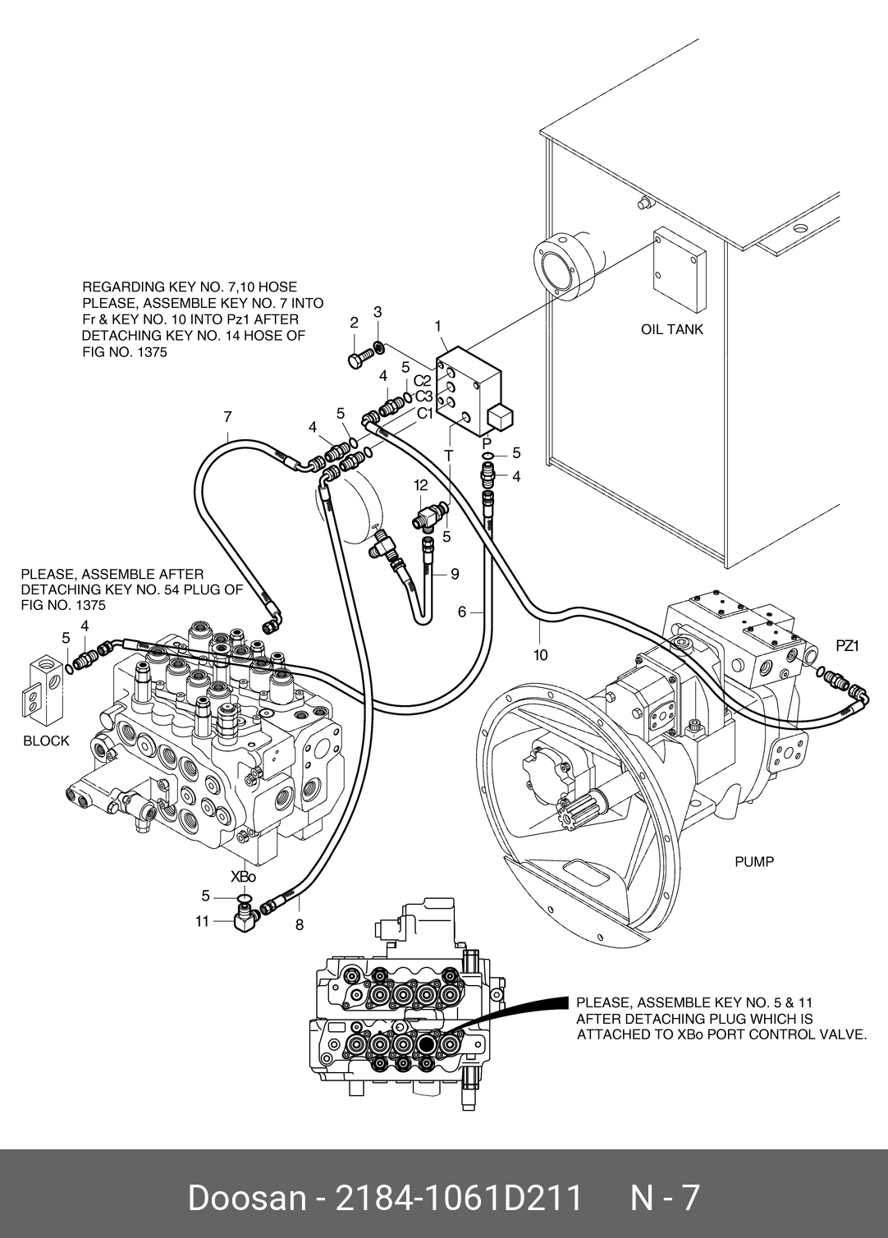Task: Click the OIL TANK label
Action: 671,330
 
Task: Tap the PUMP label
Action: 753,862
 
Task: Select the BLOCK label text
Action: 46,741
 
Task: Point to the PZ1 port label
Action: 846,646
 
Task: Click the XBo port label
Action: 243,877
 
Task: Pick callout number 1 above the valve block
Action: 438,326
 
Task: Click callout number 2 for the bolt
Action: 354,323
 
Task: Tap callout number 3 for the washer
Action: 378,312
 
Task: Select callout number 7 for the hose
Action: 227,417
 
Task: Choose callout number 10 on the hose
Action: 539,655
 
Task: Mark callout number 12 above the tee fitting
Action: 421,485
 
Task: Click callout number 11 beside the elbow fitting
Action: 202,922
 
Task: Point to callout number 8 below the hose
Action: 300,925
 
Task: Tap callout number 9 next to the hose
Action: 455,574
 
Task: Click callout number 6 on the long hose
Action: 462,612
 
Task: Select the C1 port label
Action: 424,414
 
